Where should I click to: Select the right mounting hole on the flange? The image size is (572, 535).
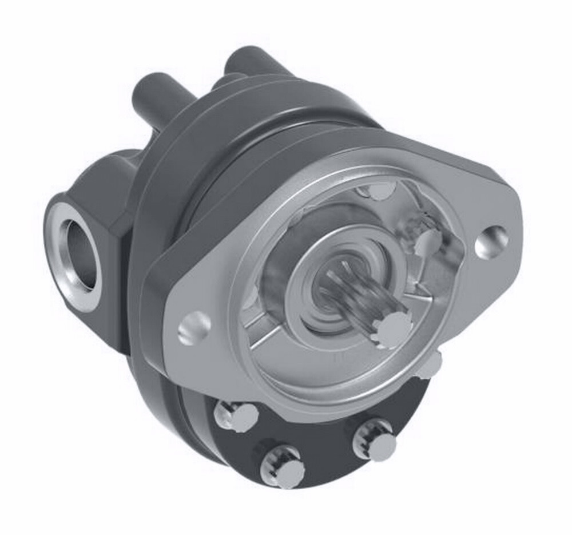[491, 241]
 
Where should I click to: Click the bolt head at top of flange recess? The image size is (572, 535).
[378, 191]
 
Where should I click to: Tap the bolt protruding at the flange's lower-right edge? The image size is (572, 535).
[431, 365]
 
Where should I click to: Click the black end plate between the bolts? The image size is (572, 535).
[320, 441]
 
